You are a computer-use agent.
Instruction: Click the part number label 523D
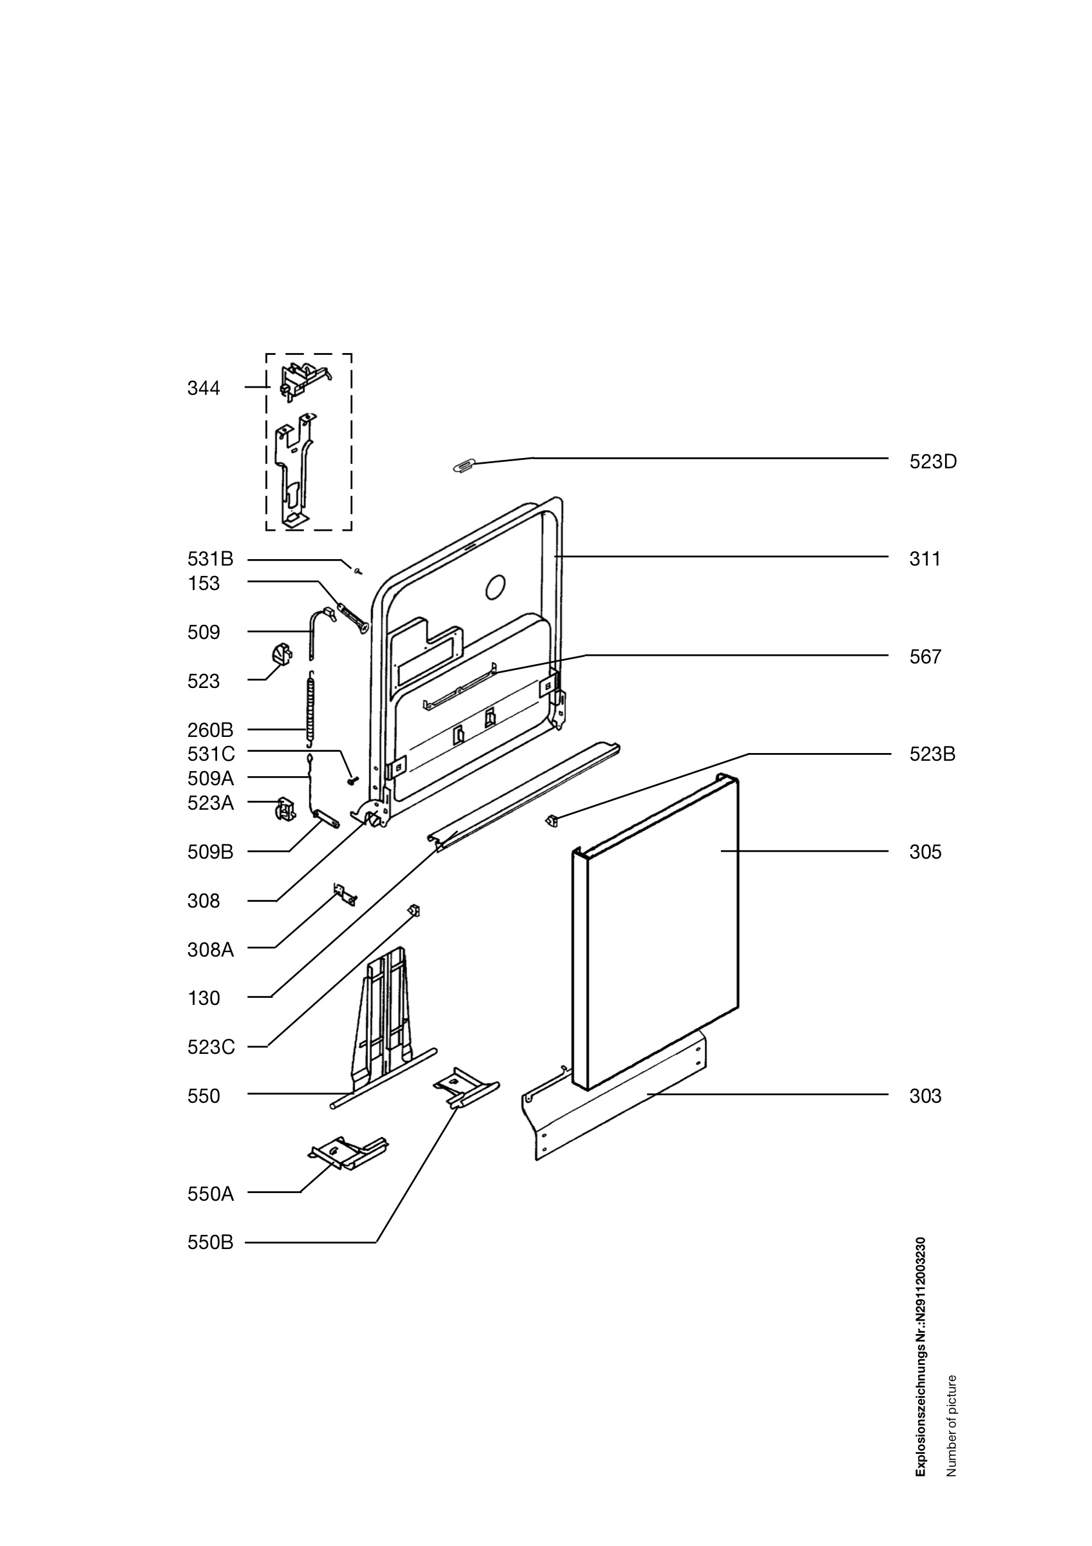[932, 462]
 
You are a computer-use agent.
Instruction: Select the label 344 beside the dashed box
[204, 388]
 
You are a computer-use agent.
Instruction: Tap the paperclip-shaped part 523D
[465, 465]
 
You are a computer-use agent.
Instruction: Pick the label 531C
[211, 754]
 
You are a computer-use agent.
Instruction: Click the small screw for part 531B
[358, 570]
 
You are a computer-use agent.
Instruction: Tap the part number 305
[925, 852]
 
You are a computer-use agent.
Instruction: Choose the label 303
[925, 1096]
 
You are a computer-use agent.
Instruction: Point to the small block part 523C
[414, 910]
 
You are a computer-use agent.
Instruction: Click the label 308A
[210, 950]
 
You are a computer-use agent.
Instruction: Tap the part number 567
[925, 657]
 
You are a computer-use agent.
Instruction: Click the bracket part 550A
[347, 1154]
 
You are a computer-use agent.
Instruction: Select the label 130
[204, 998]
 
